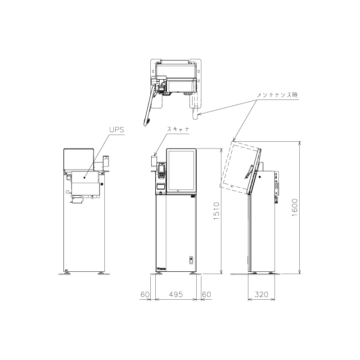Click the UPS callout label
(117, 130)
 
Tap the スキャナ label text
(178, 129)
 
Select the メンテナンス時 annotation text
(277, 95)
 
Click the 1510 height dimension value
(216, 211)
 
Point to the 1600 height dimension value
(295, 207)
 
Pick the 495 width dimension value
(176, 294)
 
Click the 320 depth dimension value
(261, 294)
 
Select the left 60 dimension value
(145, 294)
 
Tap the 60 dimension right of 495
(207, 294)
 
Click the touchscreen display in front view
(181, 171)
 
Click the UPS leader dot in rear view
(84, 177)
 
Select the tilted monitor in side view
(241, 168)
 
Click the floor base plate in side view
(256, 274)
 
